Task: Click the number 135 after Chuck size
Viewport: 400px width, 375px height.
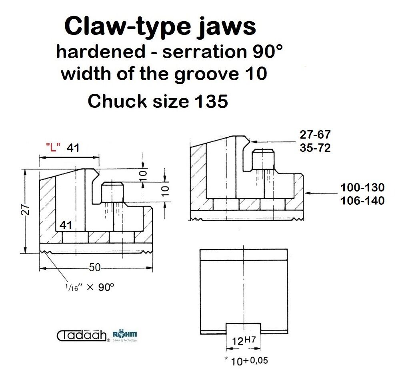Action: [211, 101]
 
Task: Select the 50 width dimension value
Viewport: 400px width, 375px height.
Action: [95, 268]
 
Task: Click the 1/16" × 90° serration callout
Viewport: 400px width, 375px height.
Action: [90, 287]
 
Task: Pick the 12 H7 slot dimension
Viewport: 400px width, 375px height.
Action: [244, 341]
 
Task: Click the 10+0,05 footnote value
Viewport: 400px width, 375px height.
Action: [246, 361]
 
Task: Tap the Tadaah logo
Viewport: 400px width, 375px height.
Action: [83, 336]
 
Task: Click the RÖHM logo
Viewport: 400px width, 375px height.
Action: [125, 336]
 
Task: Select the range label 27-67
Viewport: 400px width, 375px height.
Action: [315, 135]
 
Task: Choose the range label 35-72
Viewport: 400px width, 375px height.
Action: [315, 148]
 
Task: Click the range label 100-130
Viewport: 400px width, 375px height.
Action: [362, 187]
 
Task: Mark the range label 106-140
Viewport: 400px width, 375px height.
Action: [362, 201]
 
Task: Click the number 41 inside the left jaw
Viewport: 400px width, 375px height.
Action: [66, 225]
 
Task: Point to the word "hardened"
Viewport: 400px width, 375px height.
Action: [101, 51]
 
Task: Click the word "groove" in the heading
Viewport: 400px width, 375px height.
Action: [206, 75]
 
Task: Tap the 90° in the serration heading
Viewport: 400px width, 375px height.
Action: [268, 51]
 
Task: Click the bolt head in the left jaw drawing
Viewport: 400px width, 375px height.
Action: [112, 192]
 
